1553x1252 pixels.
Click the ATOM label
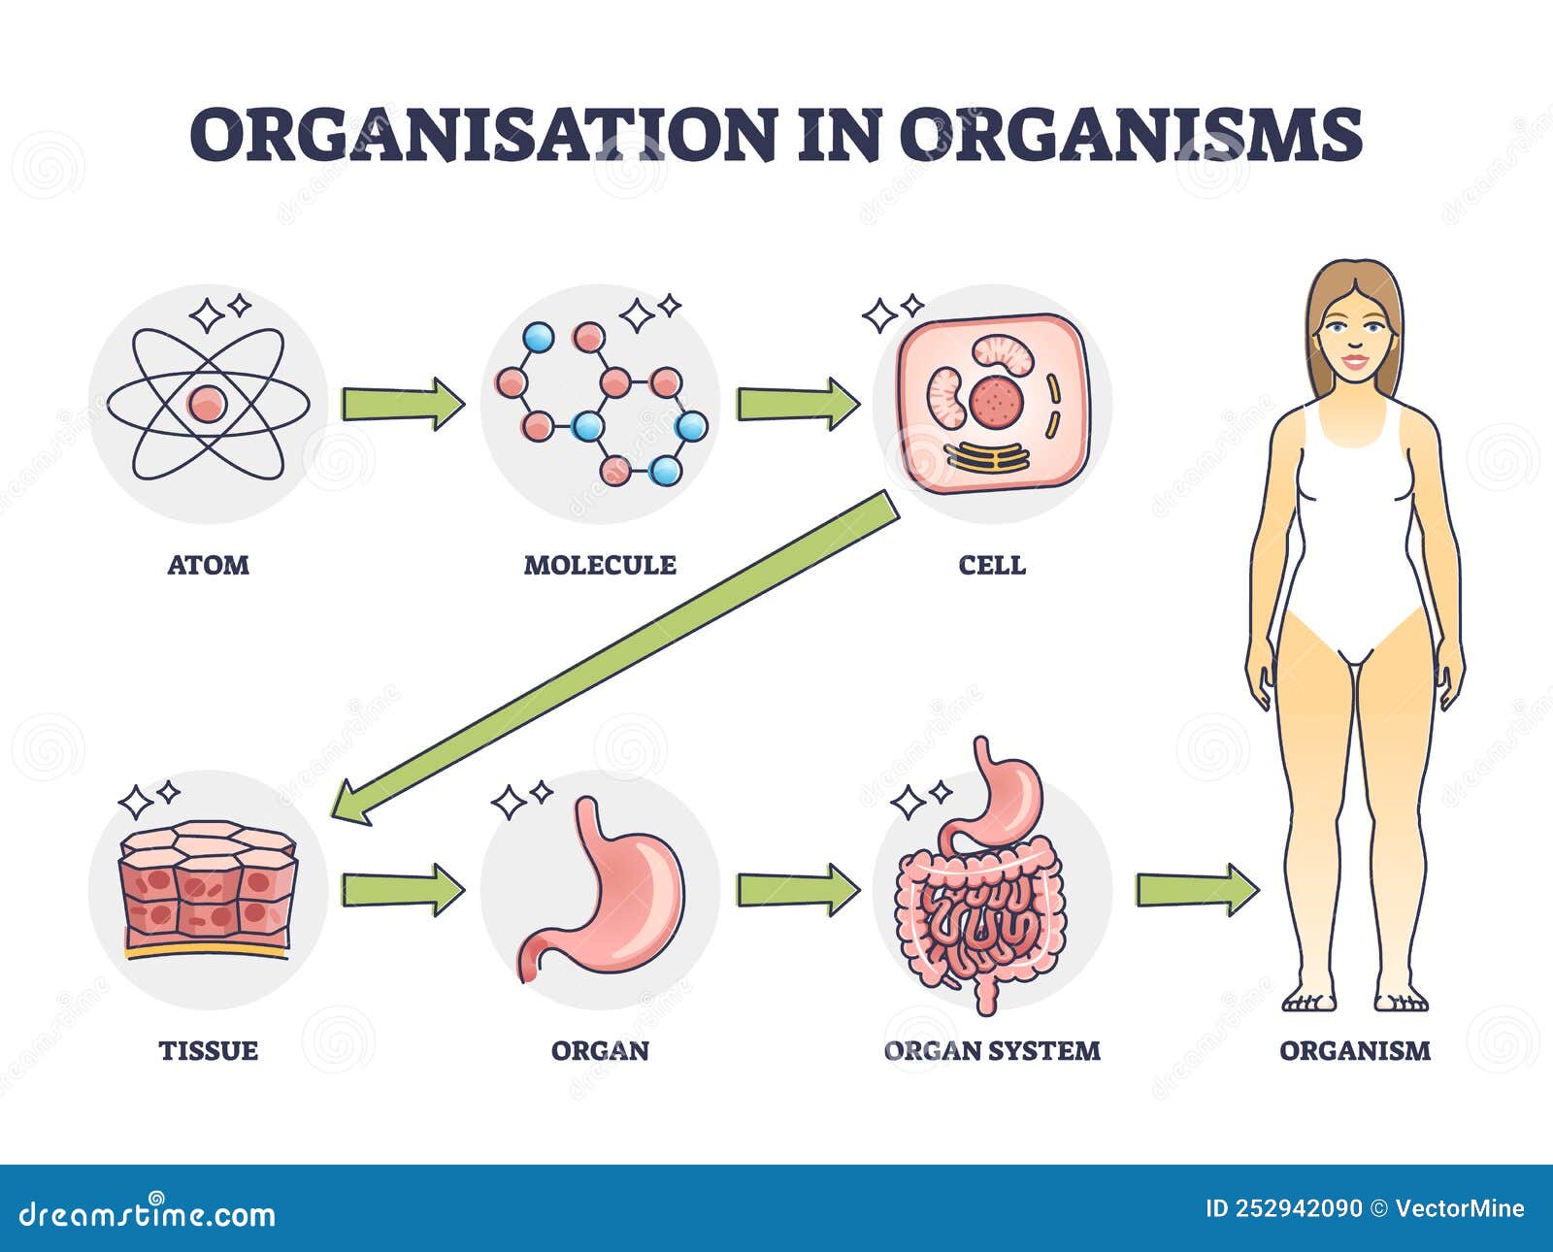[208, 565]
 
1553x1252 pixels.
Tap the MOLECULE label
[600, 565]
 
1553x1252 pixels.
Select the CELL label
[992, 565]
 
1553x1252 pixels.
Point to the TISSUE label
[208, 1050]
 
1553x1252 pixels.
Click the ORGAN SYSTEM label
[992, 1050]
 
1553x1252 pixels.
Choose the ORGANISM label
[1355, 1050]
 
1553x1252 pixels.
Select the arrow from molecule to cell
[797, 404]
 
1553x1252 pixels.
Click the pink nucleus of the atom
[207, 404]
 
